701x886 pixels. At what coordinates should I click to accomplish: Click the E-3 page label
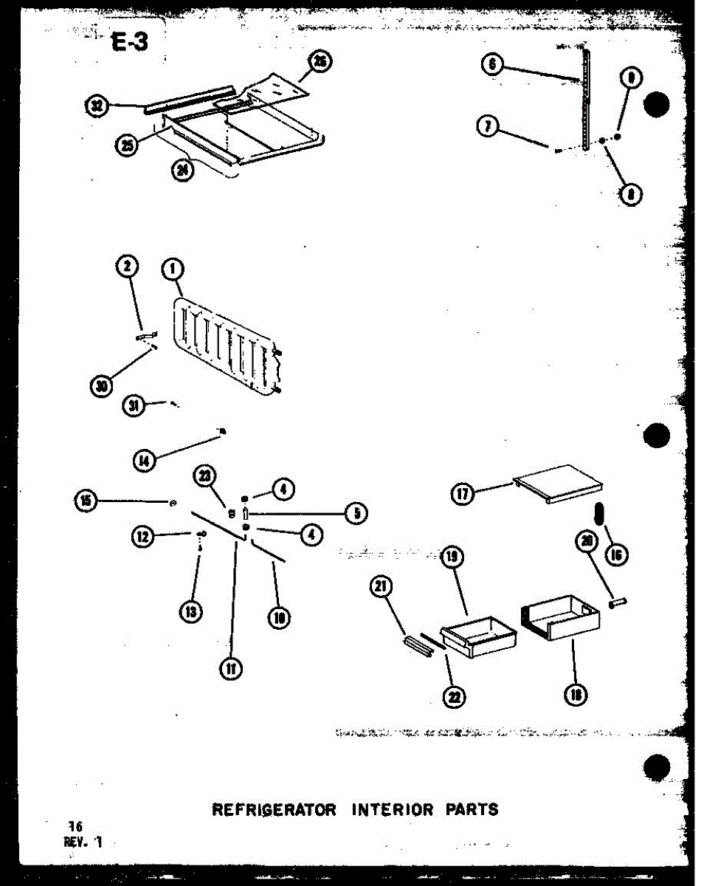[x=131, y=43]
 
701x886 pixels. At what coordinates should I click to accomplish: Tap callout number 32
[x=97, y=107]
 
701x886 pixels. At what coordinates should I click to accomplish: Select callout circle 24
[x=182, y=171]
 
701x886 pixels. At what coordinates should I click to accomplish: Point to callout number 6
[x=492, y=65]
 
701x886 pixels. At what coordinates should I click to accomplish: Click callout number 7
[x=486, y=127]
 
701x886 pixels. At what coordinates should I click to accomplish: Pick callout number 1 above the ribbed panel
[x=173, y=270]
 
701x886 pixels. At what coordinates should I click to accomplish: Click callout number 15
[x=86, y=501]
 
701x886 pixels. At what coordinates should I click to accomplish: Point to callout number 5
[x=357, y=512]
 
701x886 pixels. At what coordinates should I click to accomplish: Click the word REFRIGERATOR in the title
[x=274, y=809]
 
